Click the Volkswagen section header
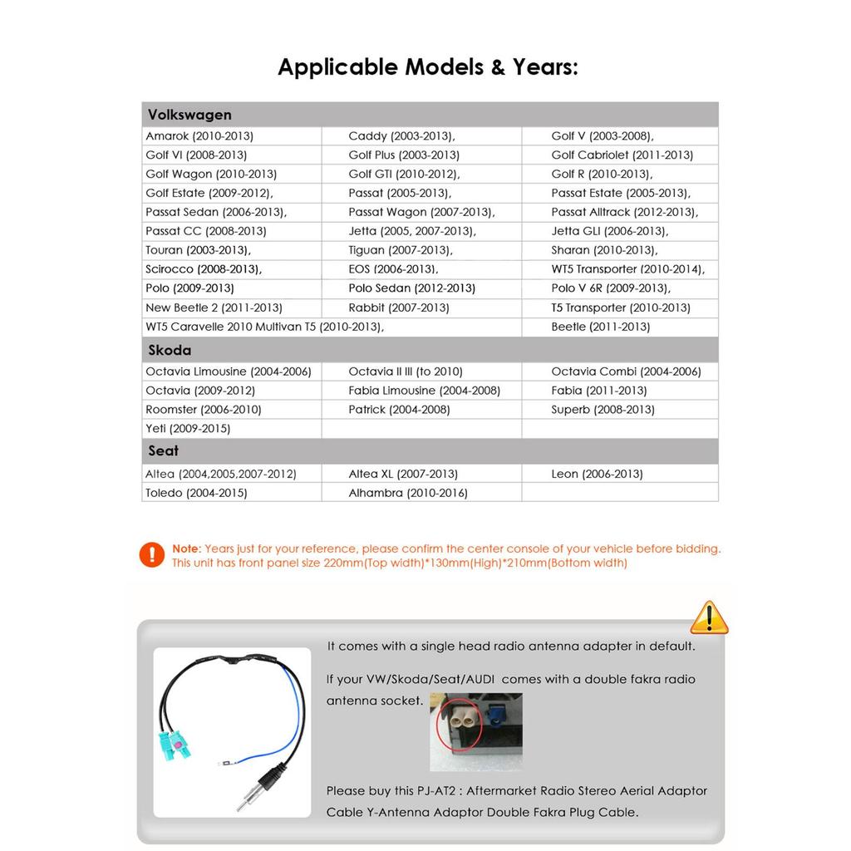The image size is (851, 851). (189, 115)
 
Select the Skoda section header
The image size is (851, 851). (170, 350)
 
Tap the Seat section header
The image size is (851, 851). (163, 450)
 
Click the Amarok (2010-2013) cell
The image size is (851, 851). (199, 135)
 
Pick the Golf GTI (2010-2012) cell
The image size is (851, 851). (404, 174)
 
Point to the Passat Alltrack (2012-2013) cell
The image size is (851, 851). (624, 212)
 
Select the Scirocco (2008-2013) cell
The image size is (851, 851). (204, 269)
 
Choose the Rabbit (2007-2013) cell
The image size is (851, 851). (399, 307)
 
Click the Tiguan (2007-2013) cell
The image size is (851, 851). (401, 250)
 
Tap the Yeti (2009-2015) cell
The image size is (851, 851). (188, 429)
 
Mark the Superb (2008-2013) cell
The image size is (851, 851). (603, 410)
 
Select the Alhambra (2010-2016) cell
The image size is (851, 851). (408, 493)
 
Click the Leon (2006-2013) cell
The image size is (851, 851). (597, 474)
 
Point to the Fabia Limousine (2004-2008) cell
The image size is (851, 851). (424, 391)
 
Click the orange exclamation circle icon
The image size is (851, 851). (152, 554)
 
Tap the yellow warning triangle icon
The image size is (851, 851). (709, 617)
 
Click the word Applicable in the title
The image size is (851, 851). (337, 67)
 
